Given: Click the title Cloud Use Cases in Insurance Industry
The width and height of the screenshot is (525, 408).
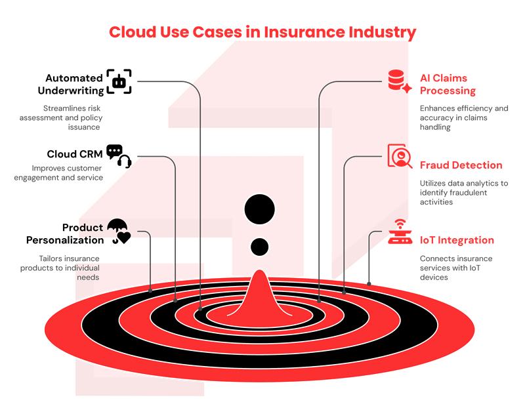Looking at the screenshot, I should click(262, 31).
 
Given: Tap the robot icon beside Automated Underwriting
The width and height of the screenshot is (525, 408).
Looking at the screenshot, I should click(119, 81).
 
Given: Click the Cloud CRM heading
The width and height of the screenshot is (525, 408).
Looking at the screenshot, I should click(74, 154).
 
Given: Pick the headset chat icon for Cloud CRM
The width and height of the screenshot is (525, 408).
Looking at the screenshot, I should click(119, 156).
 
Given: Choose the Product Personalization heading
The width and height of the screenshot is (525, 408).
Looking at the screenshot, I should click(65, 234).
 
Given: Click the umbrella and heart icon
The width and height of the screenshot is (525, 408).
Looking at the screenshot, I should click(119, 232).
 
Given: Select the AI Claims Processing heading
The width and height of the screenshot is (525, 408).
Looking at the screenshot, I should click(448, 84).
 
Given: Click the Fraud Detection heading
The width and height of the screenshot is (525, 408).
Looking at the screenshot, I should click(461, 165).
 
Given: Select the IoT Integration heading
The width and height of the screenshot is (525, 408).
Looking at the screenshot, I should click(457, 240).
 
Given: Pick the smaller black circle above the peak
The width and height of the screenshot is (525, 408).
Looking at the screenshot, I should click(260, 247).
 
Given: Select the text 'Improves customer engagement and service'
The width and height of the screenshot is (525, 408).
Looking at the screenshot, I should click(66, 173).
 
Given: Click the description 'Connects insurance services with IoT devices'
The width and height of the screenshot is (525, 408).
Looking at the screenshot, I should click(456, 268).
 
